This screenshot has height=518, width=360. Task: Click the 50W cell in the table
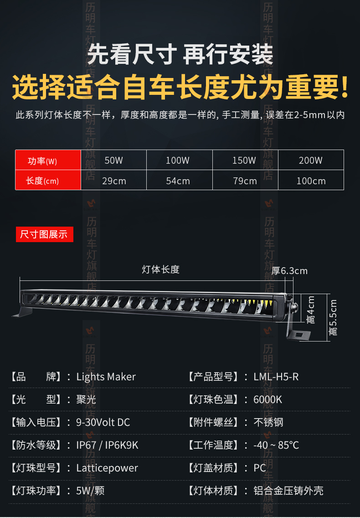113,161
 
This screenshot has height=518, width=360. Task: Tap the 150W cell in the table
244,161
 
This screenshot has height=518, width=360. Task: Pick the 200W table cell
311,161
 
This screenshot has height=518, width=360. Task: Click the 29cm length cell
113,181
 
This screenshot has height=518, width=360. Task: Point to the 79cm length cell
245,181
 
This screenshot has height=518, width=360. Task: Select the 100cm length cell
311,181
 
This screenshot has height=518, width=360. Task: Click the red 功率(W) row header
42,161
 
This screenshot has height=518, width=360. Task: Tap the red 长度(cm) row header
42,181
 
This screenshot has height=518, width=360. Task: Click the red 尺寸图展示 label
44,234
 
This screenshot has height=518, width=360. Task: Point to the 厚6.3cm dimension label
289,271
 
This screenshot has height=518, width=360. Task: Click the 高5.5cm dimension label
333,317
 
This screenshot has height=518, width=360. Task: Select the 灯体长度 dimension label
160,269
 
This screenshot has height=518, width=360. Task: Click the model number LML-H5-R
276,377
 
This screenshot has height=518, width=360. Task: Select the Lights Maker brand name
106,377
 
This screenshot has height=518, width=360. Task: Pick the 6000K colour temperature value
268,399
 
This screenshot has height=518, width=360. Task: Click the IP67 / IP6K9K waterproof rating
107,445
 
